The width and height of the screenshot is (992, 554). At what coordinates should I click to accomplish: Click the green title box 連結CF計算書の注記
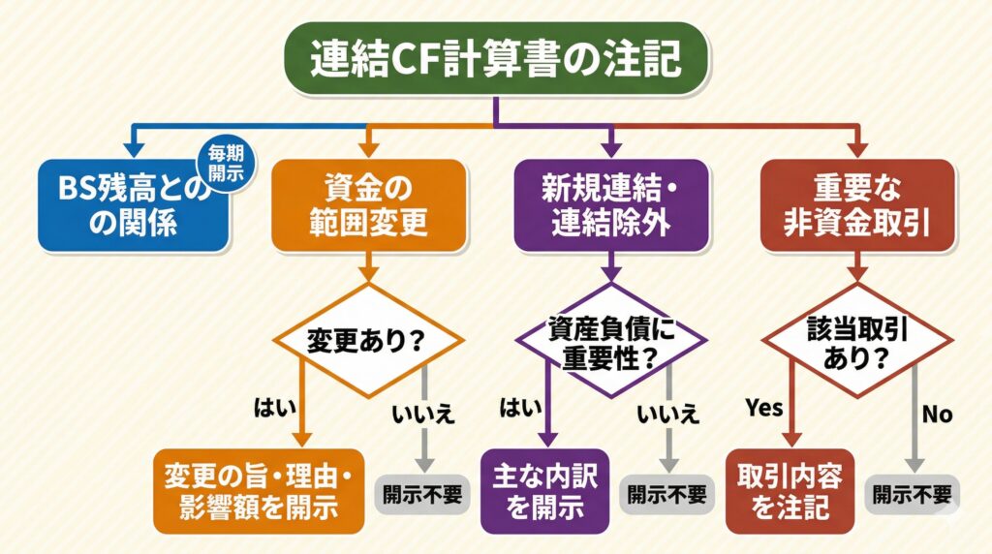click(495, 59)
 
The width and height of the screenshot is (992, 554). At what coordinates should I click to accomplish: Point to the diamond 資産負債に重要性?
click(610, 341)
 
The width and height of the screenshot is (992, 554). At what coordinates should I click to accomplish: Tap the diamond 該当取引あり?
click(856, 341)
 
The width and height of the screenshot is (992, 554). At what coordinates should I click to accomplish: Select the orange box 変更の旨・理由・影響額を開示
click(259, 490)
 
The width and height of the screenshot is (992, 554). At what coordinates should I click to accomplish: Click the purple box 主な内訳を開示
click(544, 490)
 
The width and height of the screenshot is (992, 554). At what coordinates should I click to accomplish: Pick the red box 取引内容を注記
click(790, 490)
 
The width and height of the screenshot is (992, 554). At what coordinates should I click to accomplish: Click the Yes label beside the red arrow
click(763, 409)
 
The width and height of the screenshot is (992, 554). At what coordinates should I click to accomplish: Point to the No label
click(937, 415)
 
